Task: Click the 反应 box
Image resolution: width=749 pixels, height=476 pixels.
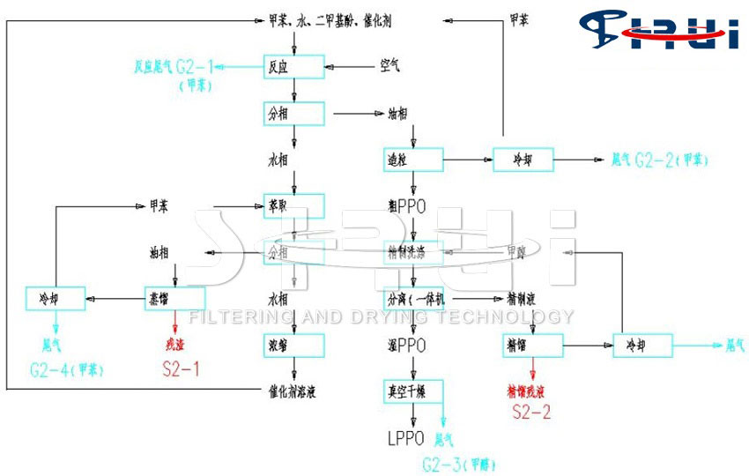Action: tap(294, 64)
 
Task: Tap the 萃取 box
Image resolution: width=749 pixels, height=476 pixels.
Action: tap(294, 206)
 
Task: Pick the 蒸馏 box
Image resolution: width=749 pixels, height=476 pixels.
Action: tap(174, 297)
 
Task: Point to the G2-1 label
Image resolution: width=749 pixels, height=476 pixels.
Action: tap(195, 66)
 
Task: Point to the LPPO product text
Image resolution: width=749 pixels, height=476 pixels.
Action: tap(406, 436)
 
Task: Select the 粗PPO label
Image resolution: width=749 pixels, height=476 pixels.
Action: tap(406, 206)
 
